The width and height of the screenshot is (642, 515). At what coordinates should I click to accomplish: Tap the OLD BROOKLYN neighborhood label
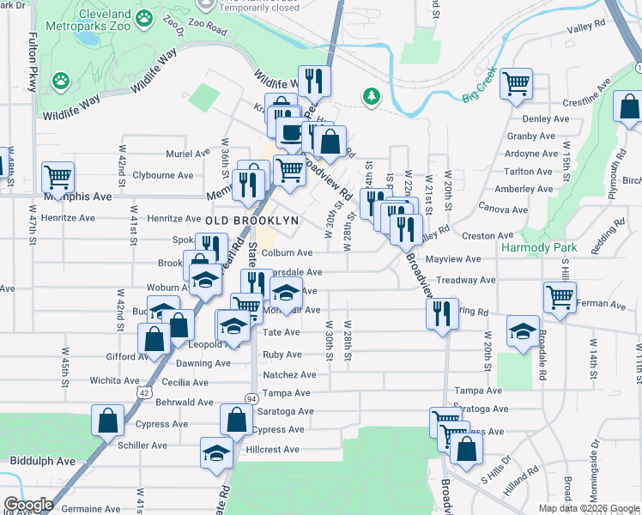[x=251, y=220]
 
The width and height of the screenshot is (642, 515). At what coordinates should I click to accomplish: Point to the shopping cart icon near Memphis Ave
[x=58, y=178]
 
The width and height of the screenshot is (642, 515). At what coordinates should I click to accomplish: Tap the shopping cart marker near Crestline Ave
[x=517, y=84]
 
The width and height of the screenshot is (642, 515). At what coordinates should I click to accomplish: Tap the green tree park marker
[x=371, y=96]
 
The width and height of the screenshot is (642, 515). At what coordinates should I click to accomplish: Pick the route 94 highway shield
[x=251, y=399]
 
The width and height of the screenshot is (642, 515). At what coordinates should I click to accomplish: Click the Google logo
[x=27, y=505]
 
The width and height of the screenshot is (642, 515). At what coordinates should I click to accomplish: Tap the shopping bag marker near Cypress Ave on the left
[x=108, y=421]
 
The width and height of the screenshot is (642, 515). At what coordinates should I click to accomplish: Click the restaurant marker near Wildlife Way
[x=314, y=82]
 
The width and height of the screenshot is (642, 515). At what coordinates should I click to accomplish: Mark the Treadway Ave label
[x=466, y=280]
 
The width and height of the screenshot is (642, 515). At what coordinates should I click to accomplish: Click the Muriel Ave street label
[x=188, y=154]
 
